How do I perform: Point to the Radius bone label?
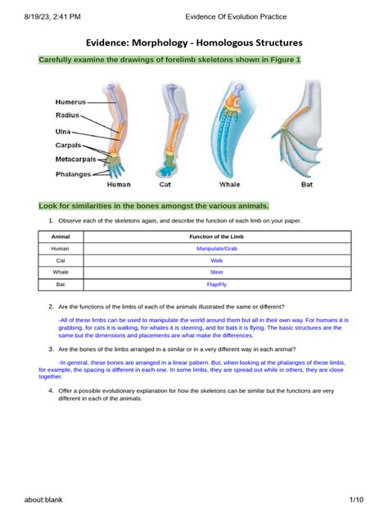68,116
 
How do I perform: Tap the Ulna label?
63,131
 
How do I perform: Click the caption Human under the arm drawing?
119,185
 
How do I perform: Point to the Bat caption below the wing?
306,185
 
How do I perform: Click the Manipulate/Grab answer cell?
217,248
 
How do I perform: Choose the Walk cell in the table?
217,260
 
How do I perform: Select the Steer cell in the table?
217,272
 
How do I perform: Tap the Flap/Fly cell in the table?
217,285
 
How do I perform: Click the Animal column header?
61,236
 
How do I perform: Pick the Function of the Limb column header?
217,236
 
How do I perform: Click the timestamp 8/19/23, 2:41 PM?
39,16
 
